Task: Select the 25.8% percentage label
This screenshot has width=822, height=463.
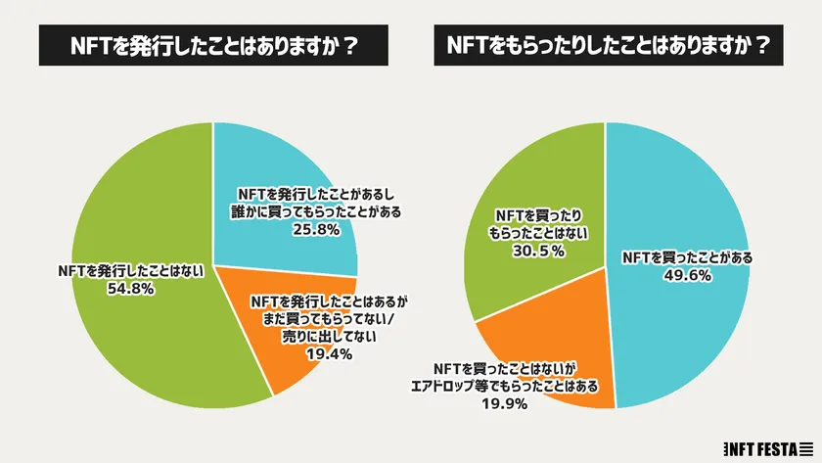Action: (314, 230)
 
